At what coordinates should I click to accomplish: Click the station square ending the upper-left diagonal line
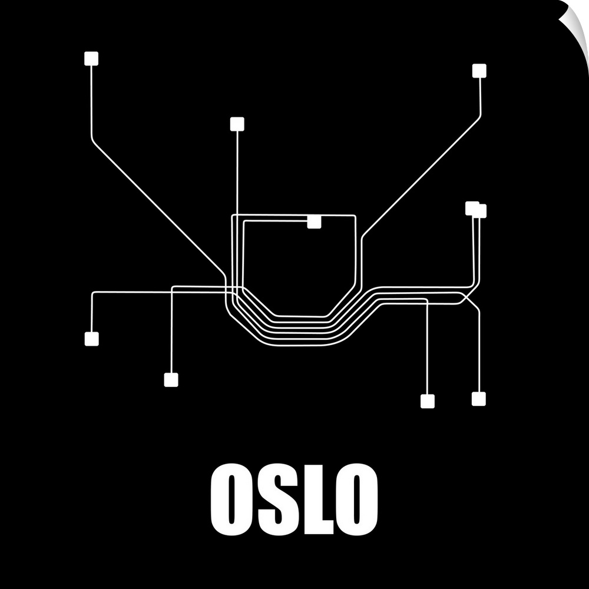[x=91, y=58]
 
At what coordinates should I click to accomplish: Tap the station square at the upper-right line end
[x=479, y=71]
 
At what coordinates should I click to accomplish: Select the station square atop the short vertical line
[x=237, y=124]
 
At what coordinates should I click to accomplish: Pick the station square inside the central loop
[x=314, y=221]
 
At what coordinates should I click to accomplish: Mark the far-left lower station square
[x=91, y=339]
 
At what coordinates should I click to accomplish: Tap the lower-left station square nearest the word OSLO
[x=171, y=380]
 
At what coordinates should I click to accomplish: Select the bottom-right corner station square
[x=478, y=399]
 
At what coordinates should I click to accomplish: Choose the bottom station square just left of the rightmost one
[x=428, y=401]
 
